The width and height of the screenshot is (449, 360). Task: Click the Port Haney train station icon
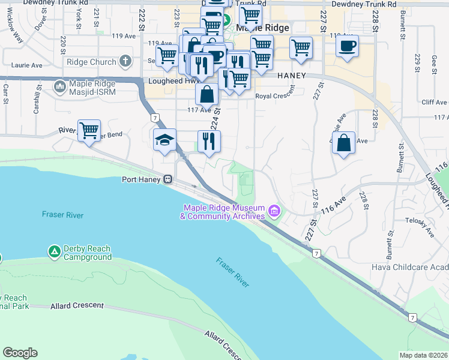click(x=169, y=179)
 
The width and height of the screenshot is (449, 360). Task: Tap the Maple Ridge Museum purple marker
click(x=274, y=210)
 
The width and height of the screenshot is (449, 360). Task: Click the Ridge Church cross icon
click(x=125, y=61)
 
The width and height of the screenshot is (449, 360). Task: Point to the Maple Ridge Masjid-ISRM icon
click(x=60, y=88)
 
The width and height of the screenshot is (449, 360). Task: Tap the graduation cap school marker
click(x=165, y=140)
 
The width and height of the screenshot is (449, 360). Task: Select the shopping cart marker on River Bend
click(x=89, y=130)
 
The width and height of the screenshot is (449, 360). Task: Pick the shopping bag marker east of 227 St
click(x=343, y=143)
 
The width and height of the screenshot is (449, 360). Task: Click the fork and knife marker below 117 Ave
click(x=209, y=142)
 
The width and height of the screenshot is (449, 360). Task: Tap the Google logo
click(x=20, y=352)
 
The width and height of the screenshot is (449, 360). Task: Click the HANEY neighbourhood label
click(x=292, y=76)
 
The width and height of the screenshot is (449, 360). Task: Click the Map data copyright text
click(x=423, y=355)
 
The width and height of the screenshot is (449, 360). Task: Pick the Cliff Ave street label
click(x=434, y=103)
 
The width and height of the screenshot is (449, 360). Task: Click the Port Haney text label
click(x=142, y=179)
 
